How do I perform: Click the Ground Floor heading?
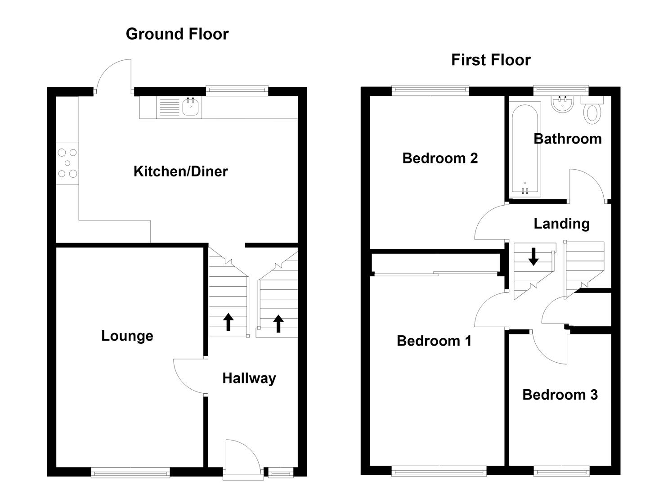177,34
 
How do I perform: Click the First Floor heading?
491,60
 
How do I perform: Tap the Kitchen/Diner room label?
180,171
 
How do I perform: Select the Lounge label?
127,336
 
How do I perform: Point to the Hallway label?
249,378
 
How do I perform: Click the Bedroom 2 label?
440,158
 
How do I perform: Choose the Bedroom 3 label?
560,395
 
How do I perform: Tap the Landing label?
561,224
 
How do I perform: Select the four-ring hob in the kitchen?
67,163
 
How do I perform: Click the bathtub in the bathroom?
525,149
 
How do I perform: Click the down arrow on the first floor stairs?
533,256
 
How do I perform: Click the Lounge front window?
130,472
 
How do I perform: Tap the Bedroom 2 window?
430,91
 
